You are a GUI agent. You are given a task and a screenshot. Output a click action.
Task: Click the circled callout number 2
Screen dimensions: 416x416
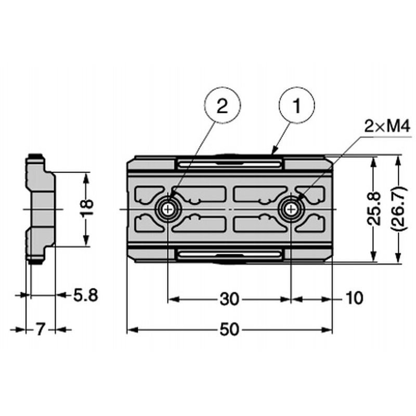tap(223, 105)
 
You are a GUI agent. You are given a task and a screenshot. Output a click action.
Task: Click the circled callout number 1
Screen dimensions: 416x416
tap(297, 105)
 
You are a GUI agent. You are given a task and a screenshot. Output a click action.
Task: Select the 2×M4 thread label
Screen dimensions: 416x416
tap(387, 127)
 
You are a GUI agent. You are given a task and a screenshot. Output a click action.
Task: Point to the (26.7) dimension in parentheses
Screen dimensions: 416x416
tap(400, 209)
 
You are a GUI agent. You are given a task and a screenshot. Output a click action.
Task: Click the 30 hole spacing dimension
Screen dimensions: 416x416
tap(229, 300)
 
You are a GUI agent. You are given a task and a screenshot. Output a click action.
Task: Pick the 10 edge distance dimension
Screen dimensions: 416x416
tap(355, 297)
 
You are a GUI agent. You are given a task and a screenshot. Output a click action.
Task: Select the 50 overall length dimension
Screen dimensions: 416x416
tap(229, 330)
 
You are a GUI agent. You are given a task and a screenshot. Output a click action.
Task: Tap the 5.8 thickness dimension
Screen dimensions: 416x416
tap(85, 295)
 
